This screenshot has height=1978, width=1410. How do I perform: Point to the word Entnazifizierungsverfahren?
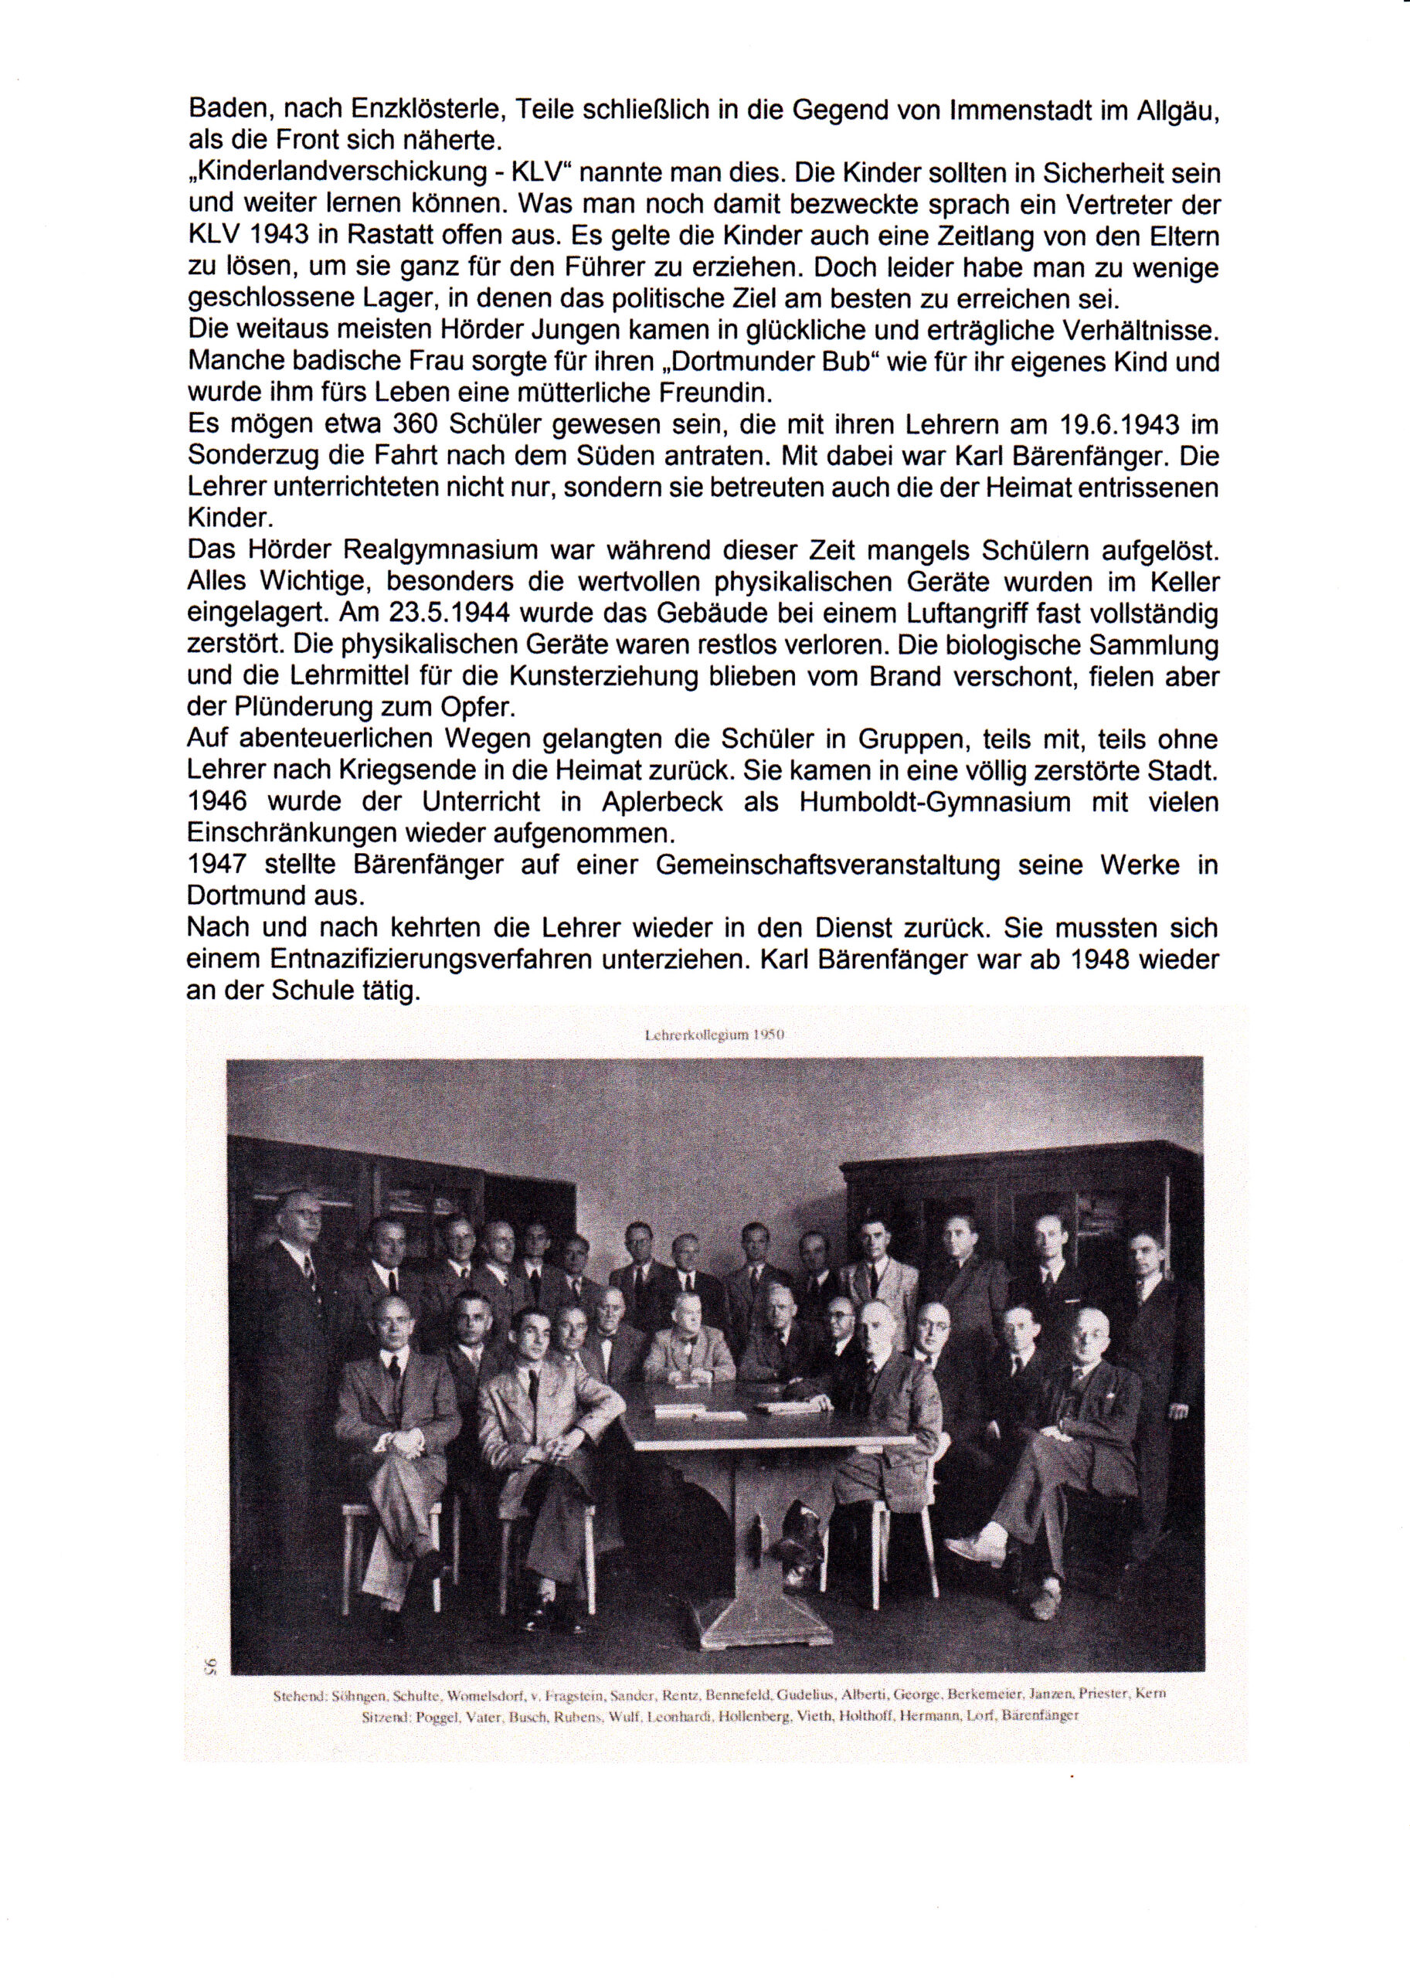(x=461, y=959)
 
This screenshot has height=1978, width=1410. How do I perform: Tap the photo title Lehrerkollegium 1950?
(x=716, y=1035)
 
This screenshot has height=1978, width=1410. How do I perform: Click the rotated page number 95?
(x=209, y=1664)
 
